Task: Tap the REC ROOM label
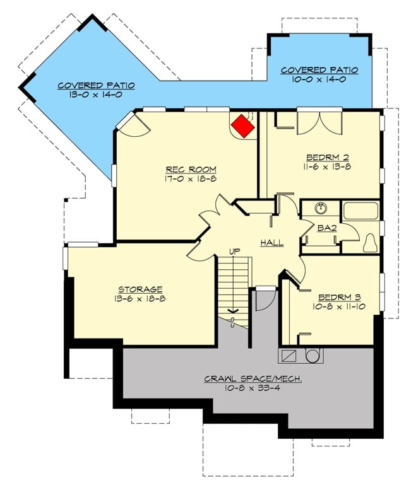click(x=191, y=170)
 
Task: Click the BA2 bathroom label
click(x=326, y=228)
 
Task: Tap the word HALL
click(x=271, y=243)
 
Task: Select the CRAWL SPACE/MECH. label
click(x=252, y=379)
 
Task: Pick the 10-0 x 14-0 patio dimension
click(x=319, y=80)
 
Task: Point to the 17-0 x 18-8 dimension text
click(x=191, y=179)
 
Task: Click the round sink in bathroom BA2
click(x=320, y=209)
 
